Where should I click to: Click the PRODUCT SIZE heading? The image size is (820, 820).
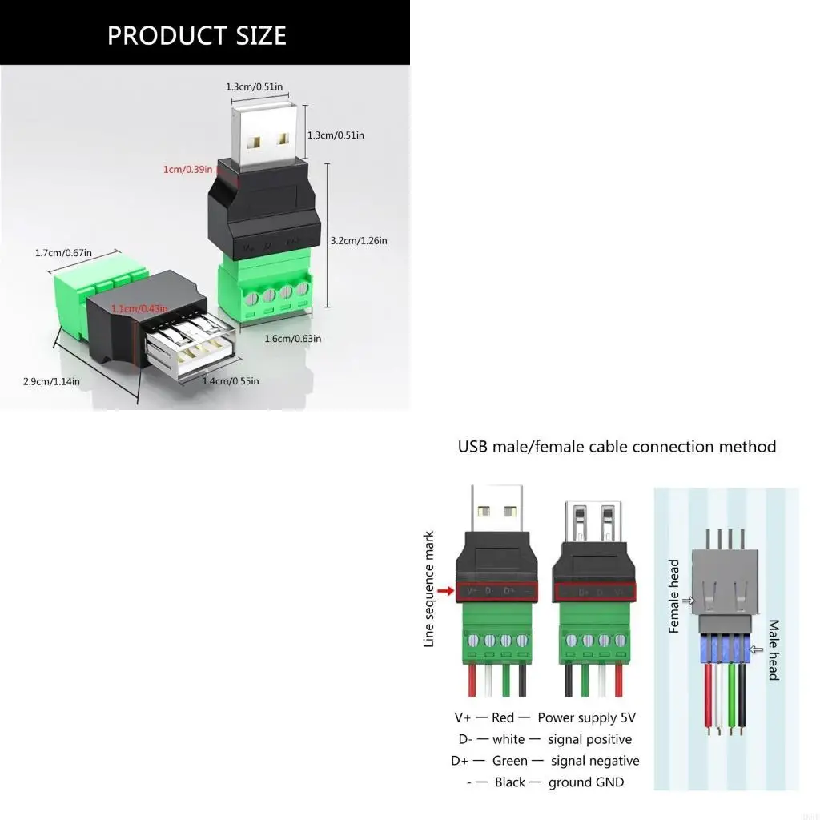pyautogui.click(x=197, y=35)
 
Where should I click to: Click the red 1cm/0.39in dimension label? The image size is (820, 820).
pyautogui.click(x=187, y=169)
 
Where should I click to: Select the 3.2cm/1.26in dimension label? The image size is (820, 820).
pyautogui.click(x=359, y=240)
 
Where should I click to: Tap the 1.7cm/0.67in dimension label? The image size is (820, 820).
pyautogui.click(x=63, y=253)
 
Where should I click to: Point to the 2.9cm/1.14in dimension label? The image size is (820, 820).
pyautogui.click(x=51, y=381)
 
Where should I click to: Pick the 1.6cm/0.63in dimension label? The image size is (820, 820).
pyautogui.click(x=293, y=338)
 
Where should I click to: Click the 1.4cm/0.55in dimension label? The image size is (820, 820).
pyautogui.click(x=231, y=381)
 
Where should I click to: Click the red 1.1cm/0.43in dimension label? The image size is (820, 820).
pyautogui.click(x=139, y=308)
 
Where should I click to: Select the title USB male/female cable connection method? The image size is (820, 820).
pyautogui.click(x=617, y=446)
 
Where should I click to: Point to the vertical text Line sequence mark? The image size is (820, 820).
pyautogui.click(x=429, y=589)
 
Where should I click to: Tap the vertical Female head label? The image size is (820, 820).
pyautogui.click(x=673, y=596)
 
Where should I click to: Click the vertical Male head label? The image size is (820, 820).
pyautogui.click(x=774, y=649)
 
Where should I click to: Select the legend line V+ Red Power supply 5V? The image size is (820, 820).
pyautogui.click(x=545, y=717)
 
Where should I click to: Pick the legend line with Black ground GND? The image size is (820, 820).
pyautogui.click(x=545, y=782)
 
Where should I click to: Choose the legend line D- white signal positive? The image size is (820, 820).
pyautogui.click(x=545, y=739)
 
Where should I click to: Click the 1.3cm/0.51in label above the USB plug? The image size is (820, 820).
pyautogui.click(x=255, y=86)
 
